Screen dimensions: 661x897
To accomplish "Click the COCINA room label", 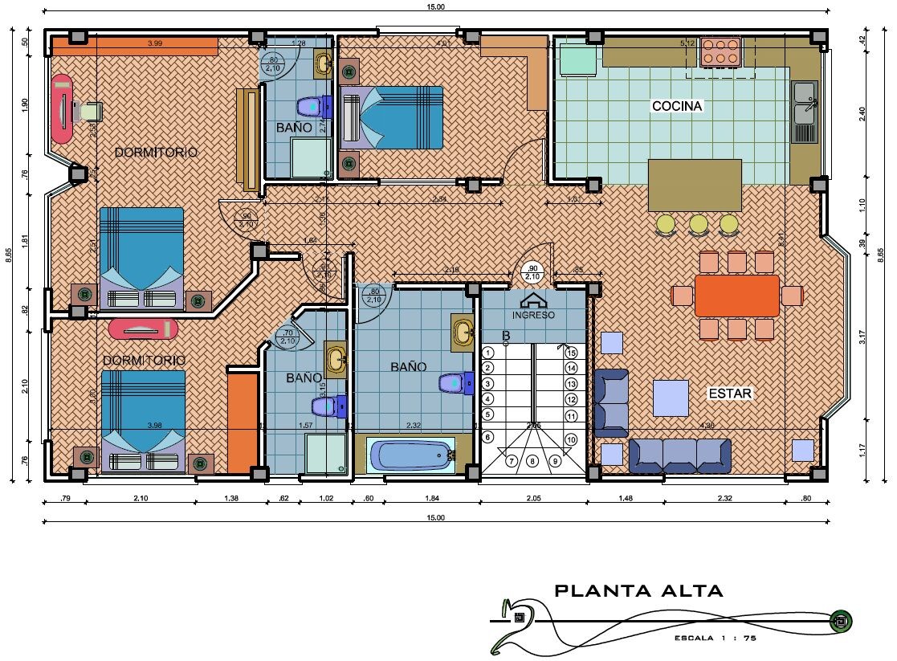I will tap(677, 106).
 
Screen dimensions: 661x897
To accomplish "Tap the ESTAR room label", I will tap(729, 394).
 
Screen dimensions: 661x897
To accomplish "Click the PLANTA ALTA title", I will tap(638, 591).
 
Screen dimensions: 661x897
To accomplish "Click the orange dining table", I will tap(736, 296).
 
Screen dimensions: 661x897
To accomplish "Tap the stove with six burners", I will tap(720, 51).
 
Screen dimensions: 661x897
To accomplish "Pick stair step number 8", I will tap(532, 461).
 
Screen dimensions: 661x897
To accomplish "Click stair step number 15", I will tap(571, 352).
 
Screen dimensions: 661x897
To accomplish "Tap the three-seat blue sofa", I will tap(680, 455).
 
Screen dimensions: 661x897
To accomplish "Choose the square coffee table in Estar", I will tap(671, 398).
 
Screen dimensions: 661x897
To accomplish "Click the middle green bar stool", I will tap(698, 224).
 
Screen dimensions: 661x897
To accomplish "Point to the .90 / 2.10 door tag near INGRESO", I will tap(531, 272).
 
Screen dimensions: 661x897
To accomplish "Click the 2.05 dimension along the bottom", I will tap(533, 499).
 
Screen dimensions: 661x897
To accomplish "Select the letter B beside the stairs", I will tap(507, 336).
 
